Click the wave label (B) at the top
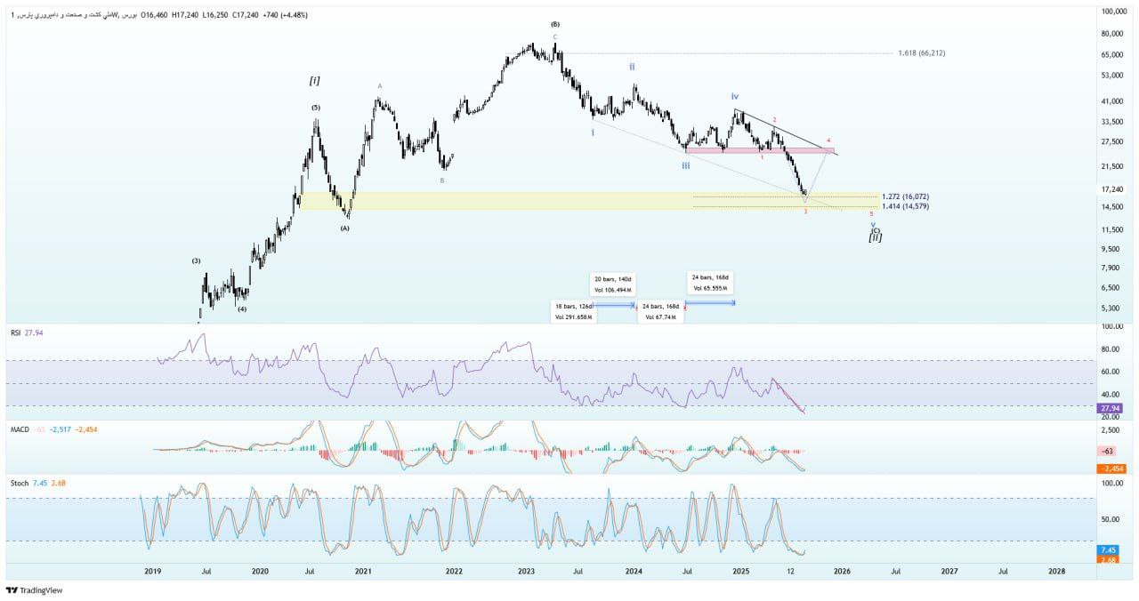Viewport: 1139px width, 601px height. pyautogui.click(x=555, y=24)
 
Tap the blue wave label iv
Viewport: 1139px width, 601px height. pyautogui.click(x=735, y=96)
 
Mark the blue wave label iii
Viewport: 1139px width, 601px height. pyautogui.click(x=685, y=165)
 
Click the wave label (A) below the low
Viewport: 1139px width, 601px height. pyautogui.click(x=344, y=228)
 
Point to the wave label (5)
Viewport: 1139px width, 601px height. pyautogui.click(x=316, y=108)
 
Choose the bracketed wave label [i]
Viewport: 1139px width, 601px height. pyautogui.click(x=314, y=81)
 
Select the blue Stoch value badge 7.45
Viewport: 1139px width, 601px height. pyautogui.click(x=1109, y=550)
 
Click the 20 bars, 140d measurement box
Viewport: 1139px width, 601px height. pyautogui.click(x=614, y=284)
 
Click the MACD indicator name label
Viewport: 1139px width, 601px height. pyautogui.click(x=20, y=429)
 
